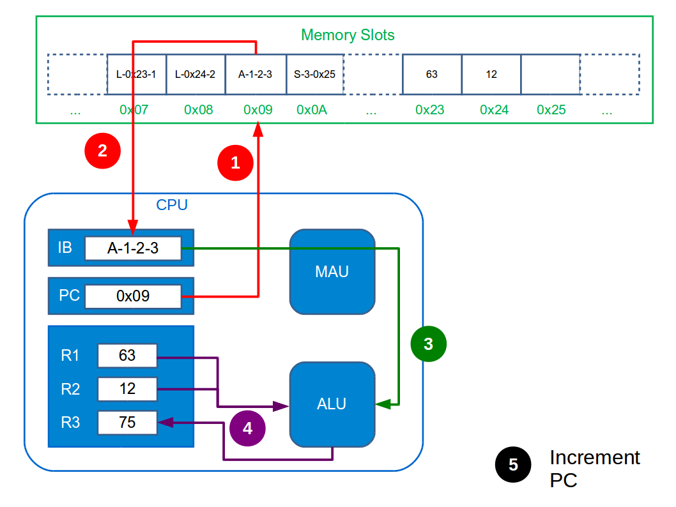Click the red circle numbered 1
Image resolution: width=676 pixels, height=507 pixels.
(x=236, y=162)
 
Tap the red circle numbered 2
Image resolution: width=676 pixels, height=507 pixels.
(x=102, y=151)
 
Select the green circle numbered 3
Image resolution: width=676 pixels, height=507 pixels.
(x=428, y=344)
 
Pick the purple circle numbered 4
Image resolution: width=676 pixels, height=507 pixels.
(x=247, y=428)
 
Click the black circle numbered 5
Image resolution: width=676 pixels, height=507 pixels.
(x=513, y=464)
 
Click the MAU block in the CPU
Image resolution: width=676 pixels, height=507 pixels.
(x=332, y=272)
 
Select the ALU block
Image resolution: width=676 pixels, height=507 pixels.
(x=332, y=404)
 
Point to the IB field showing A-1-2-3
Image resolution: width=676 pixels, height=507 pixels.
(x=133, y=248)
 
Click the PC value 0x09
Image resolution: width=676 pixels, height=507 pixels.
(x=133, y=296)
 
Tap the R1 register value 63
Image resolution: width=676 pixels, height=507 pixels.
(x=127, y=356)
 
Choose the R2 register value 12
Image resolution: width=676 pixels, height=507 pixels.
(x=127, y=389)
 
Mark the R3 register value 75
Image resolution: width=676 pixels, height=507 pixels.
(x=127, y=422)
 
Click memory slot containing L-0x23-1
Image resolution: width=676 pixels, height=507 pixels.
(x=136, y=74)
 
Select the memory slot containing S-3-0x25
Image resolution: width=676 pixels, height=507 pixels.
(x=315, y=74)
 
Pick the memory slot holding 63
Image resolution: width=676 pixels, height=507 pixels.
(x=432, y=74)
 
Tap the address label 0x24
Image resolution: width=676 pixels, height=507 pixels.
(x=494, y=110)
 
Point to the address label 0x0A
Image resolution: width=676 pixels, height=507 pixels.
(x=312, y=110)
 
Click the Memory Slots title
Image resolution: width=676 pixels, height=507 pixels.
(x=348, y=34)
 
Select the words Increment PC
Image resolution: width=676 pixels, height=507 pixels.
(x=594, y=468)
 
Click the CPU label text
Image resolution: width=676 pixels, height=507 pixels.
(x=172, y=205)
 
